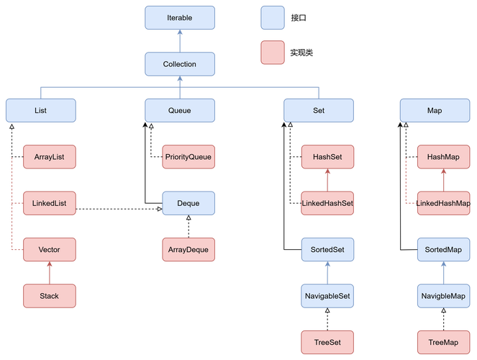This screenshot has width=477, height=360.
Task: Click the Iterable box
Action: coord(179,17)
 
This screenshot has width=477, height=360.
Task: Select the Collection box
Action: coord(179,64)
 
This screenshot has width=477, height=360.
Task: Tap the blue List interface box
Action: coord(40,112)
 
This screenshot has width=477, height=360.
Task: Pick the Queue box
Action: coord(179,112)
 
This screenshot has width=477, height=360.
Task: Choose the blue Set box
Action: coord(319,112)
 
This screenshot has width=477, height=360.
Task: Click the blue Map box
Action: coord(434,112)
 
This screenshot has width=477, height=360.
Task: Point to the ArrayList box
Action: coord(49,156)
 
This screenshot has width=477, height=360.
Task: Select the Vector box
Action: coord(49,250)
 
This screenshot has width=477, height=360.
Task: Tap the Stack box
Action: coord(49,295)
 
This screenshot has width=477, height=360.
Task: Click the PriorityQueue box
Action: coord(188,156)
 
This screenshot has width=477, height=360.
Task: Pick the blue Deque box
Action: coord(188,203)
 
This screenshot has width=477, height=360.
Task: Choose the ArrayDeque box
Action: coord(188,250)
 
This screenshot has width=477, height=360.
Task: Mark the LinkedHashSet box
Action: coord(327,203)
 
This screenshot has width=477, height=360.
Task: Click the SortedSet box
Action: coord(327,250)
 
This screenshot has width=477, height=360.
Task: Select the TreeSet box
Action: coord(327,341)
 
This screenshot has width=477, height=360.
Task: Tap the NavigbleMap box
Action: coord(442,295)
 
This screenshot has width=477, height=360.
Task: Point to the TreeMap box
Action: coord(442,341)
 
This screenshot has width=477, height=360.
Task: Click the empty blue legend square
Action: coord(272,17)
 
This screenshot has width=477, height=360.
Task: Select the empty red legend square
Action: coord(272,53)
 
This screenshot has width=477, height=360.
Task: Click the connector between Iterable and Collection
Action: coord(179,40)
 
